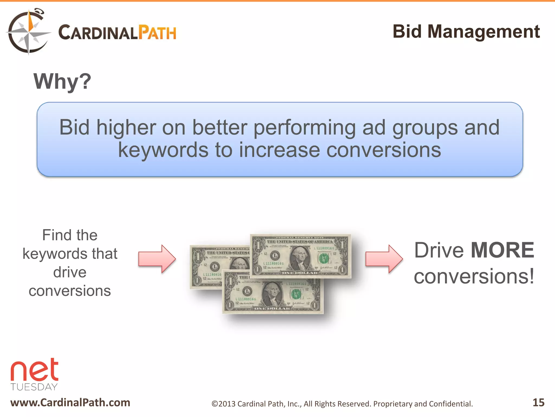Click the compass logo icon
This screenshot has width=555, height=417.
[x=28, y=32]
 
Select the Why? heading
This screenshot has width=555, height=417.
[x=62, y=81]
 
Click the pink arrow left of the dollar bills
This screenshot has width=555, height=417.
[x=157, y=259]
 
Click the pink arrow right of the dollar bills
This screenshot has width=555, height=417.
[x=384, y=259]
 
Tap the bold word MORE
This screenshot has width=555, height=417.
[x=502, y=250]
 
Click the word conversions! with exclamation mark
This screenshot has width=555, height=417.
[x=474, y=276]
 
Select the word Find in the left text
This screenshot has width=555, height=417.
[x=54, y=235]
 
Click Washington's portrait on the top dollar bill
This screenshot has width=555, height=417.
[x=300, y=258]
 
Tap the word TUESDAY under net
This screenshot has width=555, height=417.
[x=34, y=387]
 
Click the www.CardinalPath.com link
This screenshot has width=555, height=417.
[x=70, y=403]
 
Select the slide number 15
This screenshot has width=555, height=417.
[x=538, y=402]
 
